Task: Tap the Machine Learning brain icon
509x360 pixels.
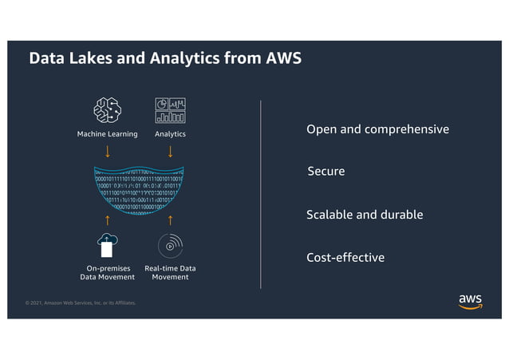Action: tap(107, 111)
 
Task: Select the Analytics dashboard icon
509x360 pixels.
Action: tap(170, 111)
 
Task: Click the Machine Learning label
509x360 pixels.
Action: tap(107, 134)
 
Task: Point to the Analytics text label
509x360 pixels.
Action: tap(170, 134)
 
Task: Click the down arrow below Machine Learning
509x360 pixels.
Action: tap(108, 152)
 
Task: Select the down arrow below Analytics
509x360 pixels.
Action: tap(170, 152)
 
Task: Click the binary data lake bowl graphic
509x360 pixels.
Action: tap(139, 192)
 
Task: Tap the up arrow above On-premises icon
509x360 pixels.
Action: tap(108, 220)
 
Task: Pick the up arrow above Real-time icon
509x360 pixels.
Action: tap(170, 220)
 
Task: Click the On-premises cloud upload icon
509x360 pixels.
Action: tap(107, 244)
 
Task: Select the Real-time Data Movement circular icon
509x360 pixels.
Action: tap(170, 245)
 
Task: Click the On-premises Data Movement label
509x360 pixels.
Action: tap(108, 272)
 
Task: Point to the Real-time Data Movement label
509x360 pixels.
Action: tap(170, 272)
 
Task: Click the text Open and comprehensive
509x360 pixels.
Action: tap(377, 129)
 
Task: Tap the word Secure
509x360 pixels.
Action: tap(326, 172)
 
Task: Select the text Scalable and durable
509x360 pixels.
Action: tap(365, 215)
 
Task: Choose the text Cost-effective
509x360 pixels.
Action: tap(345, 258)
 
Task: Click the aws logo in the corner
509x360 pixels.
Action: tap(470, 301)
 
